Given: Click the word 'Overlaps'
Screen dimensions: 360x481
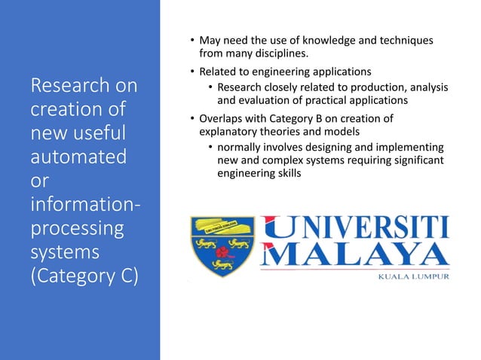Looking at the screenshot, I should pos(222,117).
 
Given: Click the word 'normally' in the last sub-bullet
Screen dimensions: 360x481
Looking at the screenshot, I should pos(242,148).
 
